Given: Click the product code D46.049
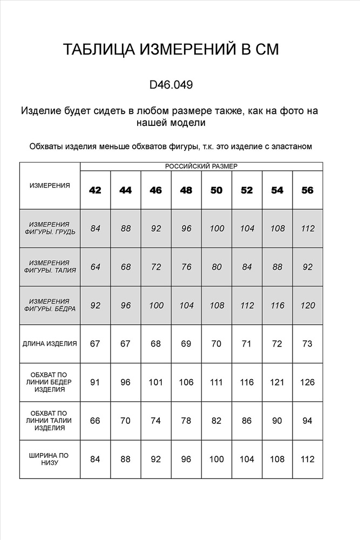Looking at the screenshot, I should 171,85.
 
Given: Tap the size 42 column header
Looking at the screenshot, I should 96,190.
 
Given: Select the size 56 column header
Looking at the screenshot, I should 308,190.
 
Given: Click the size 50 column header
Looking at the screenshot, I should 216,190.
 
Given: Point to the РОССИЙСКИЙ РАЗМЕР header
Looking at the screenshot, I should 201,166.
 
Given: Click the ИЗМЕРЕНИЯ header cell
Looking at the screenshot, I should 50,185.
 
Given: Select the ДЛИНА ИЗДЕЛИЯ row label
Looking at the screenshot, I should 50,343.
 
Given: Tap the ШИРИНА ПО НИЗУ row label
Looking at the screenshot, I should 50,459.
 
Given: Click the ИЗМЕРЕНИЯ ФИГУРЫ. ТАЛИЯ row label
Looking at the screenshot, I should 50,267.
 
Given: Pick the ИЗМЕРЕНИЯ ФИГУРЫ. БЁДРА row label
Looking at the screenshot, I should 50,305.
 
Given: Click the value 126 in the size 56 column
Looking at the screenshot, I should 308,382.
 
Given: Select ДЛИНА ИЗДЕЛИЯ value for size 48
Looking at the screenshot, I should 186,343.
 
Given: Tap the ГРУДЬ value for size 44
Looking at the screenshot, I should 126,228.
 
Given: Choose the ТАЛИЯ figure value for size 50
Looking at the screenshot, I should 216,267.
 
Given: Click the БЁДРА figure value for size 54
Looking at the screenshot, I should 277,305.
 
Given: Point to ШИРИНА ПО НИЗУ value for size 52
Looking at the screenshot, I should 247,459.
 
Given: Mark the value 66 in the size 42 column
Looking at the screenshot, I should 96,421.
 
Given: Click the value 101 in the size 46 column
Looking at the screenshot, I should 156,382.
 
